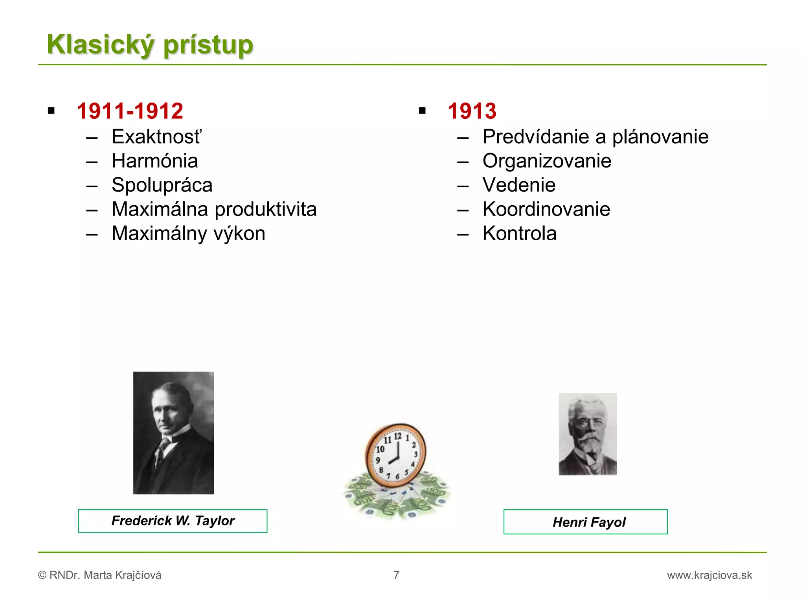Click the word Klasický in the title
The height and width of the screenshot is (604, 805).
100,44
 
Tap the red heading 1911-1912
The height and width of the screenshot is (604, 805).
130,111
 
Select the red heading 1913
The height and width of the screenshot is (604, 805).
472,111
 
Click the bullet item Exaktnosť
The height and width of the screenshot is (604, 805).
156,137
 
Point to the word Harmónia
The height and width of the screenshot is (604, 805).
155,161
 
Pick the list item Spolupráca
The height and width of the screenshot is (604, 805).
162,185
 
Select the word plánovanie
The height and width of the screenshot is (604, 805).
660,137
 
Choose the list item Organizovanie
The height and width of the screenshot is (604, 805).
547,161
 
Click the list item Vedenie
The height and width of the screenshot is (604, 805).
519,185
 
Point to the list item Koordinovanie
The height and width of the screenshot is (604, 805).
546,209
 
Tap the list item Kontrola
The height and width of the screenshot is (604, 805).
520,234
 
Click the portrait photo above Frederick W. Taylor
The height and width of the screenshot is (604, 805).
173,433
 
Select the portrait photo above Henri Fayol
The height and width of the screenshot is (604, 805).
588,434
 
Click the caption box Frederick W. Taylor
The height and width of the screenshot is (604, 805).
173,521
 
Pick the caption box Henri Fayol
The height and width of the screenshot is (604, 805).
585,522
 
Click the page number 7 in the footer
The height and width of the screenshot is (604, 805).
396,575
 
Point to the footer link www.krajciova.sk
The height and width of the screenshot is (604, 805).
709,575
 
